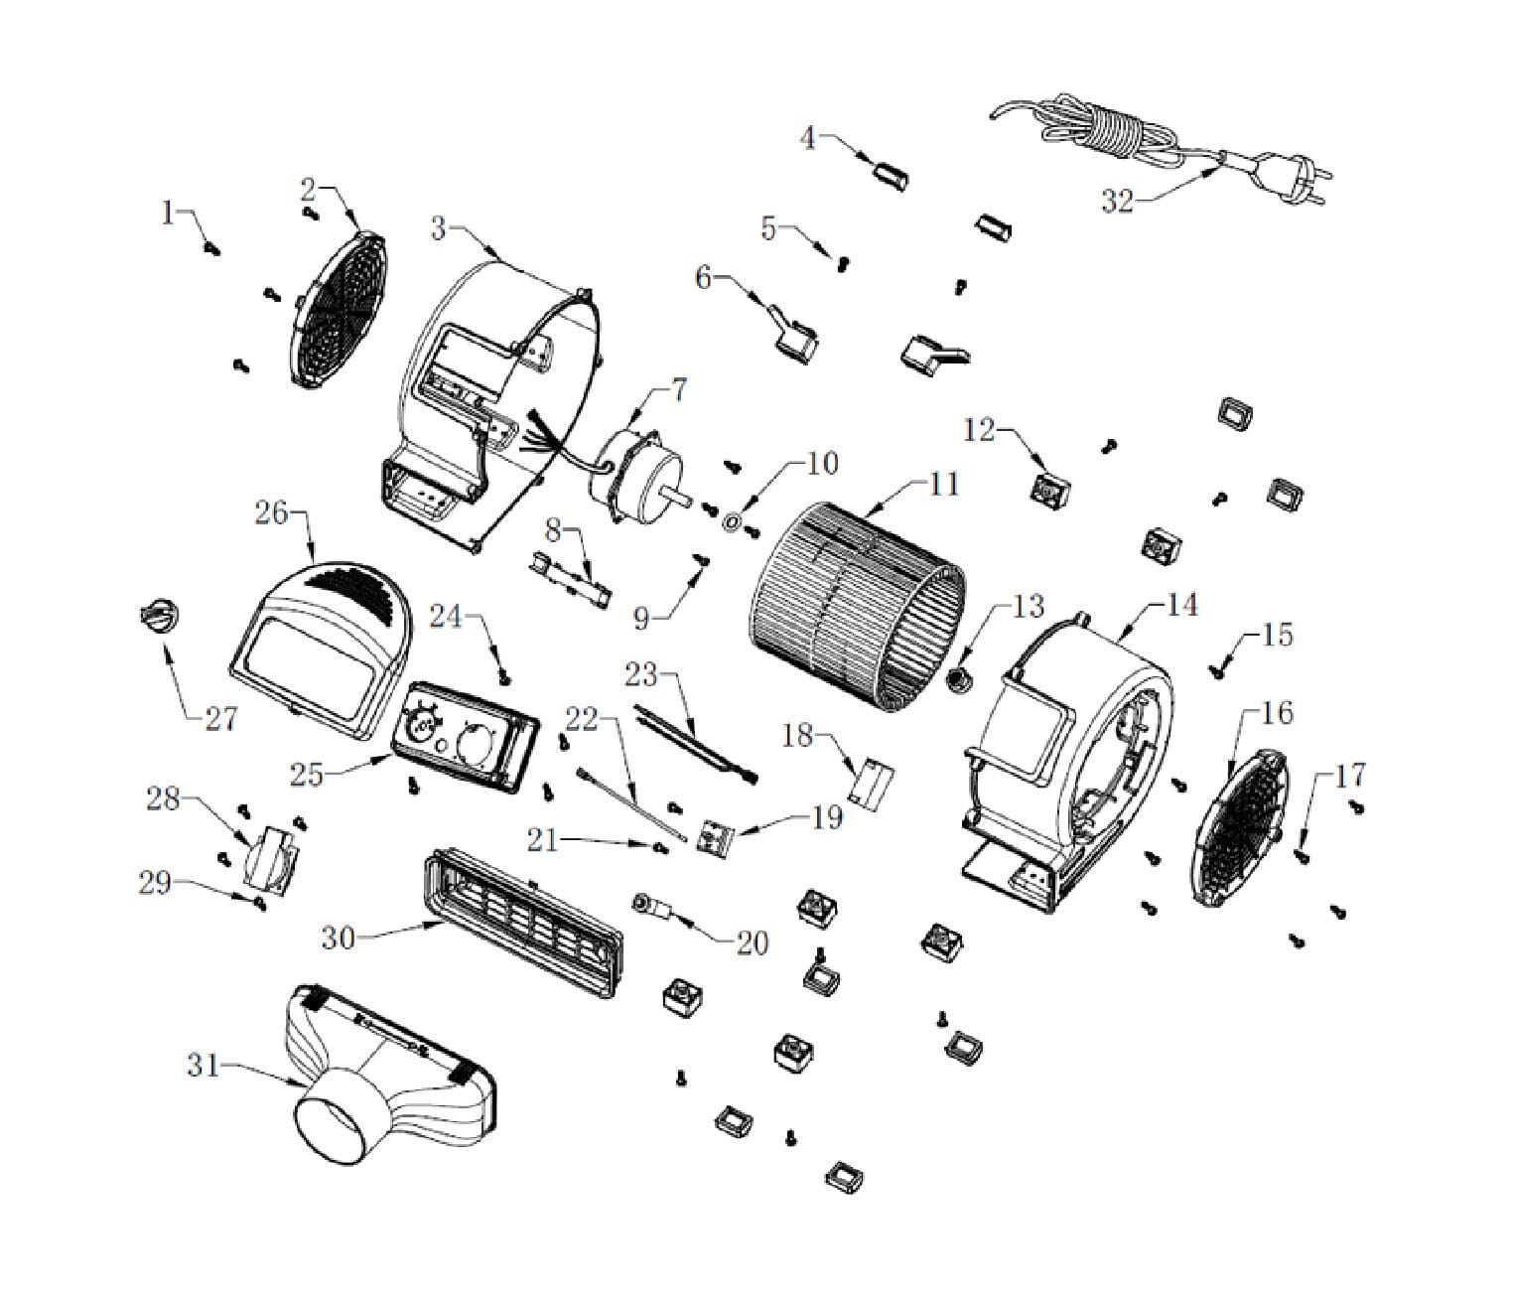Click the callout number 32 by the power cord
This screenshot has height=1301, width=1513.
pyautogui.click(x=1117, y=201)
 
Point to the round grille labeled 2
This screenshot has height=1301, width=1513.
pyautogui.click(x=338, y=308)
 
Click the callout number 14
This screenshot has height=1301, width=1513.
pyautogui.click(x=1181, y=604)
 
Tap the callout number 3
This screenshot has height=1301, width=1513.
pyautogui.click(x=438, y=228)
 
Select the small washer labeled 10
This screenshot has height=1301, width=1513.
pyautogui.click(x=732, y=520)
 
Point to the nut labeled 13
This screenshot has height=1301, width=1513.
pyautogui.click(x=960, y=681)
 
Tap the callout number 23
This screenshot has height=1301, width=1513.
pyautogui.click(x=640, y=675)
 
